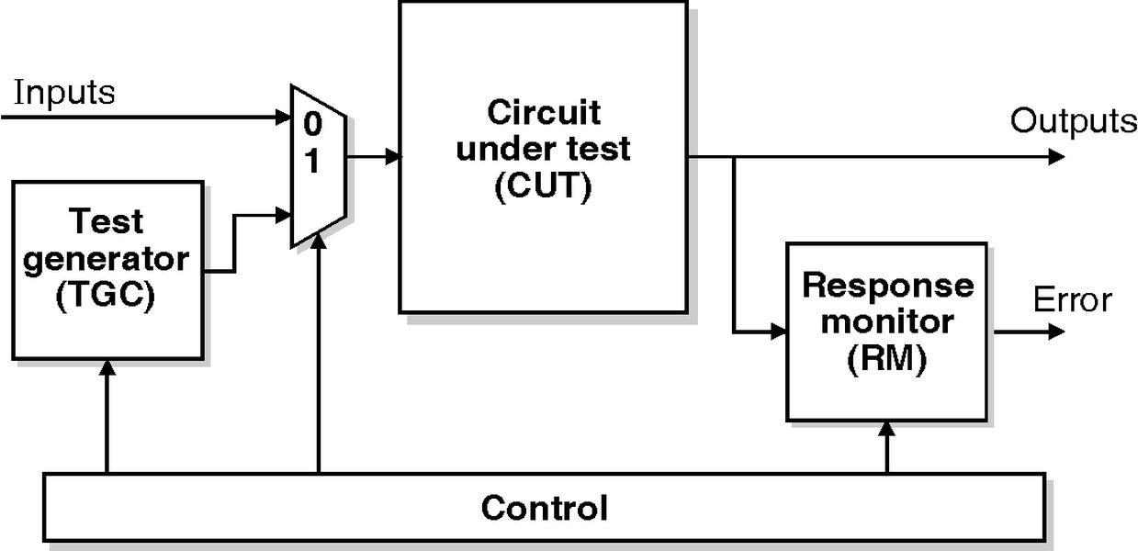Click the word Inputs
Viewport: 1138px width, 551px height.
tap(64, 93)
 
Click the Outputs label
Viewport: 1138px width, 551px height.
tap(1074, 121)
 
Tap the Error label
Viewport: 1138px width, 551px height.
tap(1072, 300)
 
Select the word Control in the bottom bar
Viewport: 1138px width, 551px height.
tap(544, 507)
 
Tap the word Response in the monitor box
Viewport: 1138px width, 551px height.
tap(887, 285)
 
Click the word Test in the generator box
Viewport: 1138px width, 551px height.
tap(107, 221)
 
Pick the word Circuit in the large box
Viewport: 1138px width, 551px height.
tap(543, 113)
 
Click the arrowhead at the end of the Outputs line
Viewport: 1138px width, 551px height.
tap(1056, 157)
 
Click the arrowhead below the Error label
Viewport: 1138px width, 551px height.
tap(1056, 331)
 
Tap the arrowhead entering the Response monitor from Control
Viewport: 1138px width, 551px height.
tap(886, 429)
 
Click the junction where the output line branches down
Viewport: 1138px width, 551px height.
tap(734, 157)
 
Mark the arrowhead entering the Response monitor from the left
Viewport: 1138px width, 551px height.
tap(779, 331)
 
